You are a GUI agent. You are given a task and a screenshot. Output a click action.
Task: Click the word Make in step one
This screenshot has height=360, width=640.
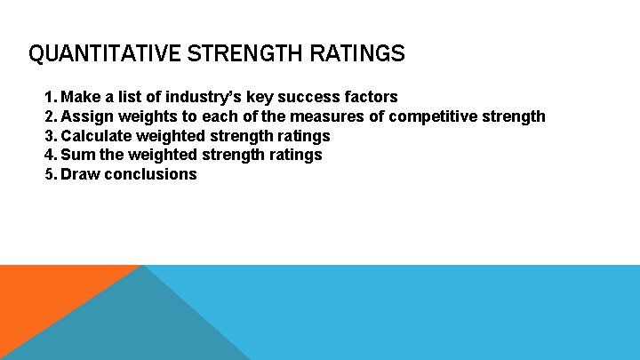pos(81,97)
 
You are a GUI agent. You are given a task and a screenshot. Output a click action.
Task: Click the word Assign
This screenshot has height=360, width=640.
pos(85,116)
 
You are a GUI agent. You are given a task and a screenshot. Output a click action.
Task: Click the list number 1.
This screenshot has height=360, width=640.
pos(50,97)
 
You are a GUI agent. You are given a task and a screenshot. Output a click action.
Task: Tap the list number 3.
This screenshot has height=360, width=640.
pos(50,136)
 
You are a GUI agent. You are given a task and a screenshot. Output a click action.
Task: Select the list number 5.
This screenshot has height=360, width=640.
pos(50,174)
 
